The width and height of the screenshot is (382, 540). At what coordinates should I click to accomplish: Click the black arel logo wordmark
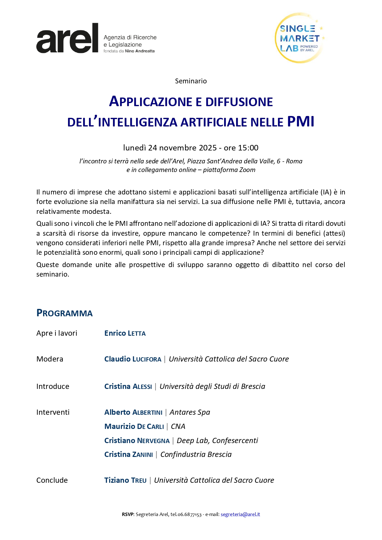click(67, 38)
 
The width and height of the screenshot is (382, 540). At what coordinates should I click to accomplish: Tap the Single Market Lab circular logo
click(299, 38)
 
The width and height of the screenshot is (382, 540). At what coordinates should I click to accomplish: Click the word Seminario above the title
click(191, 81)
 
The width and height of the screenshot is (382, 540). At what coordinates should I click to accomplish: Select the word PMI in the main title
click(301, 122)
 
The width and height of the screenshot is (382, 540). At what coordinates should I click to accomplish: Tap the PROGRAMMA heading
click(64, 313)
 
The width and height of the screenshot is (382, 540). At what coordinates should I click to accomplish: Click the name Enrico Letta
click(125, 333)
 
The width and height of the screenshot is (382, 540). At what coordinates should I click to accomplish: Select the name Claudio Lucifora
click(133, 359)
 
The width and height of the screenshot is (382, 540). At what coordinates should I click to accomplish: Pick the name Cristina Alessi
click(128, 386)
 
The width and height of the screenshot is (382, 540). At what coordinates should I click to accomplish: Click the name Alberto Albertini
click(133, 412)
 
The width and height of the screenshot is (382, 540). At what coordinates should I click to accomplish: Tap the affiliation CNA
click(178, 426)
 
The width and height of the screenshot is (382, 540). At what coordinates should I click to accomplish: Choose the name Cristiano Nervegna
click(137, 441)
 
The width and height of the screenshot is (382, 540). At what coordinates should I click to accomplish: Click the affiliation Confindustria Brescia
click(196, 454)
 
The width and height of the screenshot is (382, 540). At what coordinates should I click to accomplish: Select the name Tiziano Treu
click(125, 480)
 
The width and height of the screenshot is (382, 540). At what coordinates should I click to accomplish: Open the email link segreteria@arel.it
click(240, 514)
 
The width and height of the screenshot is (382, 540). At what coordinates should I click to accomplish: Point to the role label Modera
click(50, 359)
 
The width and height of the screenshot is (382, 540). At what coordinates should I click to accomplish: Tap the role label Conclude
click(52, 480)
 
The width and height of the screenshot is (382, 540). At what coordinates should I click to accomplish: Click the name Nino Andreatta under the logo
click(140, 51)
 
